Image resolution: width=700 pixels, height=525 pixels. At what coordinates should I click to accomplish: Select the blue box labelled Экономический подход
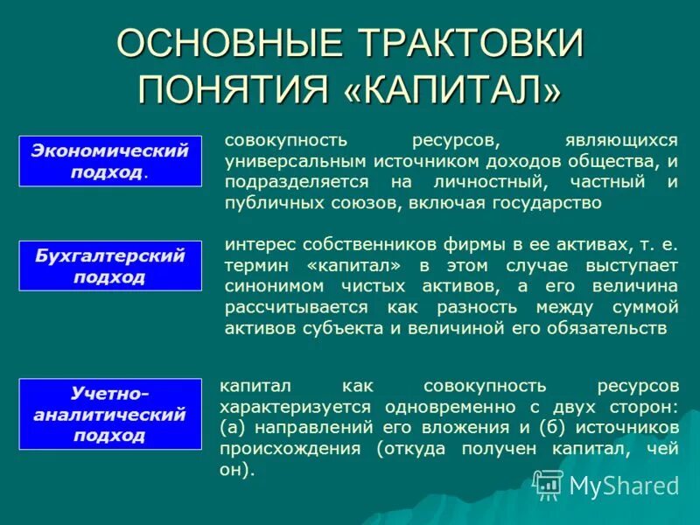(x=110, y=160)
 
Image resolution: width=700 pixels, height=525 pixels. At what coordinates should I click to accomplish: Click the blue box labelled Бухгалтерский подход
(x=110, y=266)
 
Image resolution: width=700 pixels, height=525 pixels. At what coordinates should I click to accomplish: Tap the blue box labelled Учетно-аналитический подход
(x=110, y=413)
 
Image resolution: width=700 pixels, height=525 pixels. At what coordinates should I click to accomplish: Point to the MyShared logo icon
(x=549, y=484)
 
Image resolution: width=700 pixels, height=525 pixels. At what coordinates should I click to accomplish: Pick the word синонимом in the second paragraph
(x=264, y=285)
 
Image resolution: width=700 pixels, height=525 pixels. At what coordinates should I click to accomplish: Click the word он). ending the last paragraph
(x=237, y=470)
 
